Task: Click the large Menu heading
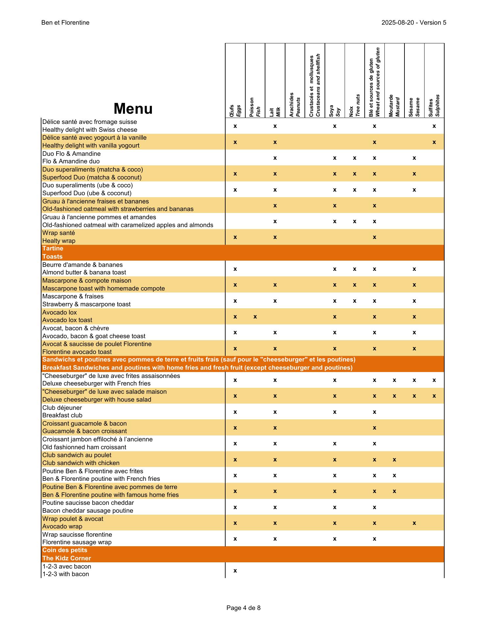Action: pyautogui.click(x=133, y=108)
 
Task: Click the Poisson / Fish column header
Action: pyautogui.click(x=255, y=107)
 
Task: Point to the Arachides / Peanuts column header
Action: pyautogui.click(x=295, y=105)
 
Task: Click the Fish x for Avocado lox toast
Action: pyautogui.click(x=255, y=317)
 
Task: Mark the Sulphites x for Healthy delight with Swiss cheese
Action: pyautogui.click(x=434, y=126)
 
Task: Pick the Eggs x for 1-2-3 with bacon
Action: pyautogui.click(x=235, y=571)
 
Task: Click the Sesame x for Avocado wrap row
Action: pyautogui.click(x=414, y=523)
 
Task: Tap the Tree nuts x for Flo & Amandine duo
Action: pyautogui.click(x=354, y=158)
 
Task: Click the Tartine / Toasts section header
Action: pyautogui.click(x=53, y=253)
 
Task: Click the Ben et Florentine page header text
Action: pyautogui.click(x=65, y=23)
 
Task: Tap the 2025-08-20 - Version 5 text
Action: pyautogui.click(x=414, y=23)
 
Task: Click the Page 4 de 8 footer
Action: pyautogui.click(x=243, y=608)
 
